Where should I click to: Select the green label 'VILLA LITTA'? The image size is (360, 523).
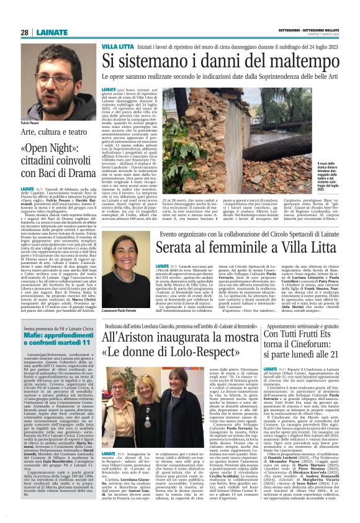(x=117, y=47)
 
